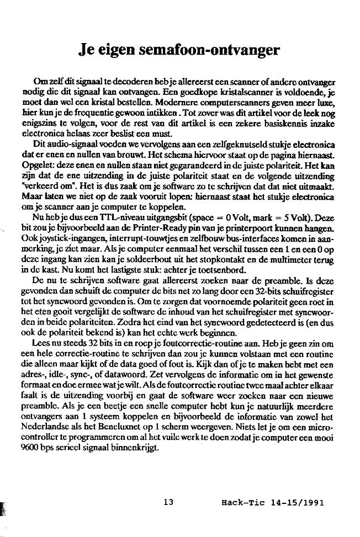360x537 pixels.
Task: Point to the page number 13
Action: tap(169, 502)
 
